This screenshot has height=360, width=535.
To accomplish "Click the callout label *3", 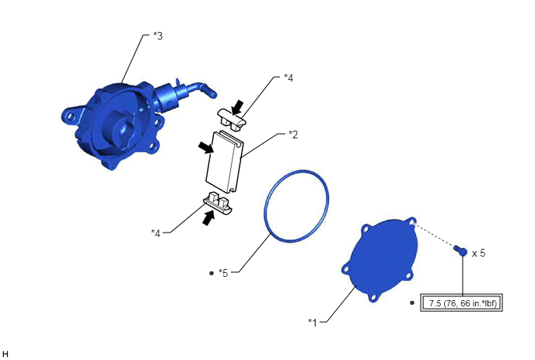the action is click(158, 36).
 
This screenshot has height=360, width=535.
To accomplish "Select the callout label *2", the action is click(293, 135).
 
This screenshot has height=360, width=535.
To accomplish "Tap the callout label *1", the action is click(313, 322).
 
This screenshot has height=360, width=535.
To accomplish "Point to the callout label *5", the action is click(223, 273).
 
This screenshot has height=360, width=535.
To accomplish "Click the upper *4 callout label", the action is click(288, 78).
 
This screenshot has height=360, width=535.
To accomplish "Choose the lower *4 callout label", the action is click(156, 233).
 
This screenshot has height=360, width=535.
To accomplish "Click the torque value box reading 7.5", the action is click(461, 302).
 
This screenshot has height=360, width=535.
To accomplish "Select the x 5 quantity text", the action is click(478, 253).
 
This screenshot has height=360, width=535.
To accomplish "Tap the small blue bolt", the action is click(460, 250).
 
